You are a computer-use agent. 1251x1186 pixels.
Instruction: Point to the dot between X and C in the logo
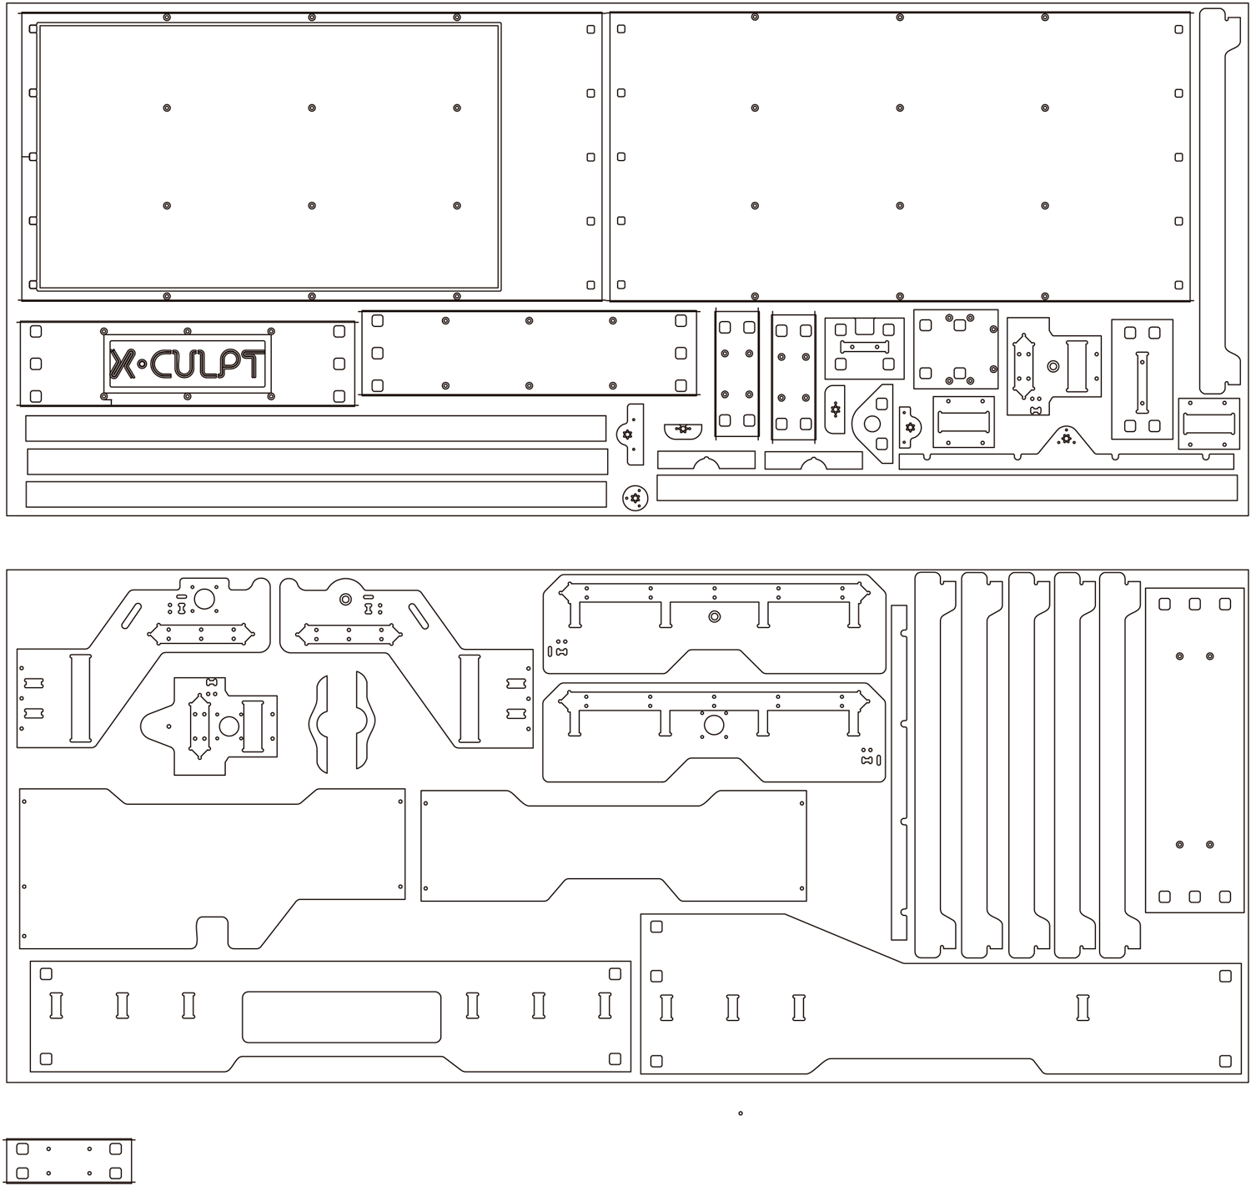(142, 364)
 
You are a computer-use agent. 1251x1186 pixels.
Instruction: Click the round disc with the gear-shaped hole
(635, 498)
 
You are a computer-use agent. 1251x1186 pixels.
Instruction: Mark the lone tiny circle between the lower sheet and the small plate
(740, 1113)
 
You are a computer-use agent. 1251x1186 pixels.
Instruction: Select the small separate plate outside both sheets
(68, 1161)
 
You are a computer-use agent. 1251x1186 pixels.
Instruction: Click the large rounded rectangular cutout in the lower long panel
(342, 1017)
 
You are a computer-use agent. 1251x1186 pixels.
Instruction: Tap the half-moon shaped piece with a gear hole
(683, 431)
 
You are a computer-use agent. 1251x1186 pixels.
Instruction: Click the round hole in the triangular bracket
(872, 424)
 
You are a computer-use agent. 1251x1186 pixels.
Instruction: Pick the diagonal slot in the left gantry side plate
(131, 616)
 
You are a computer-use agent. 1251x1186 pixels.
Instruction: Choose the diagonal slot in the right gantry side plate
(418, 616)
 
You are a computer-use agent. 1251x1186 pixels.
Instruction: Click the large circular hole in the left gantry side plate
(203, 598)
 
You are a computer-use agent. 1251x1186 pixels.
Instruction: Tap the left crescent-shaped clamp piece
(318, 724)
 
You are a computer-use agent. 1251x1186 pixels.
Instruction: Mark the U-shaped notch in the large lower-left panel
(213, 932)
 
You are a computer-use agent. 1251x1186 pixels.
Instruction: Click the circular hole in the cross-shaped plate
(229, 726)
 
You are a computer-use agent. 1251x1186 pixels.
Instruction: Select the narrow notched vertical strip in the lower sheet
(899, 772)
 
